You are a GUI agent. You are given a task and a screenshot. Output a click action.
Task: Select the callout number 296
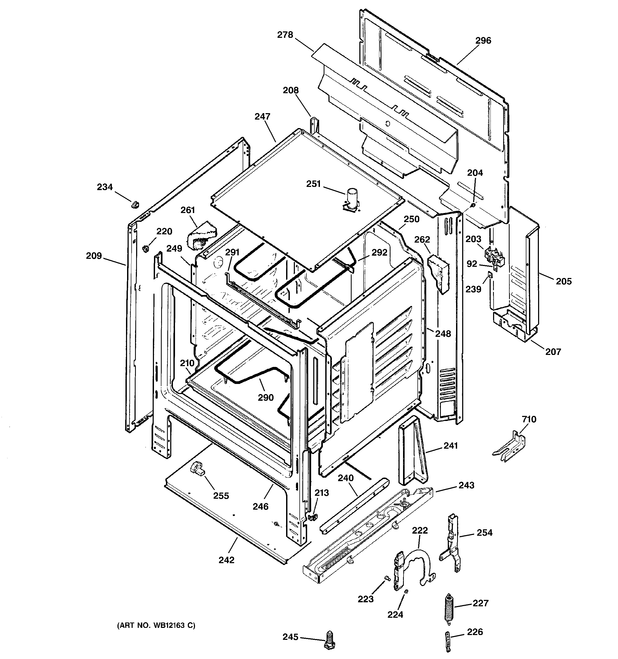(483, 40)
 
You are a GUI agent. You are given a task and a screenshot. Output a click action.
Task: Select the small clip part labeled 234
(135, 204)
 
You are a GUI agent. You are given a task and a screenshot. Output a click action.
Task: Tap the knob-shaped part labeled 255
(197, 469)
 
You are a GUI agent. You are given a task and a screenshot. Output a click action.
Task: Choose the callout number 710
(529, 419)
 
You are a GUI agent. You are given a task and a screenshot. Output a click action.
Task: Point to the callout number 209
(94, 256)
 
